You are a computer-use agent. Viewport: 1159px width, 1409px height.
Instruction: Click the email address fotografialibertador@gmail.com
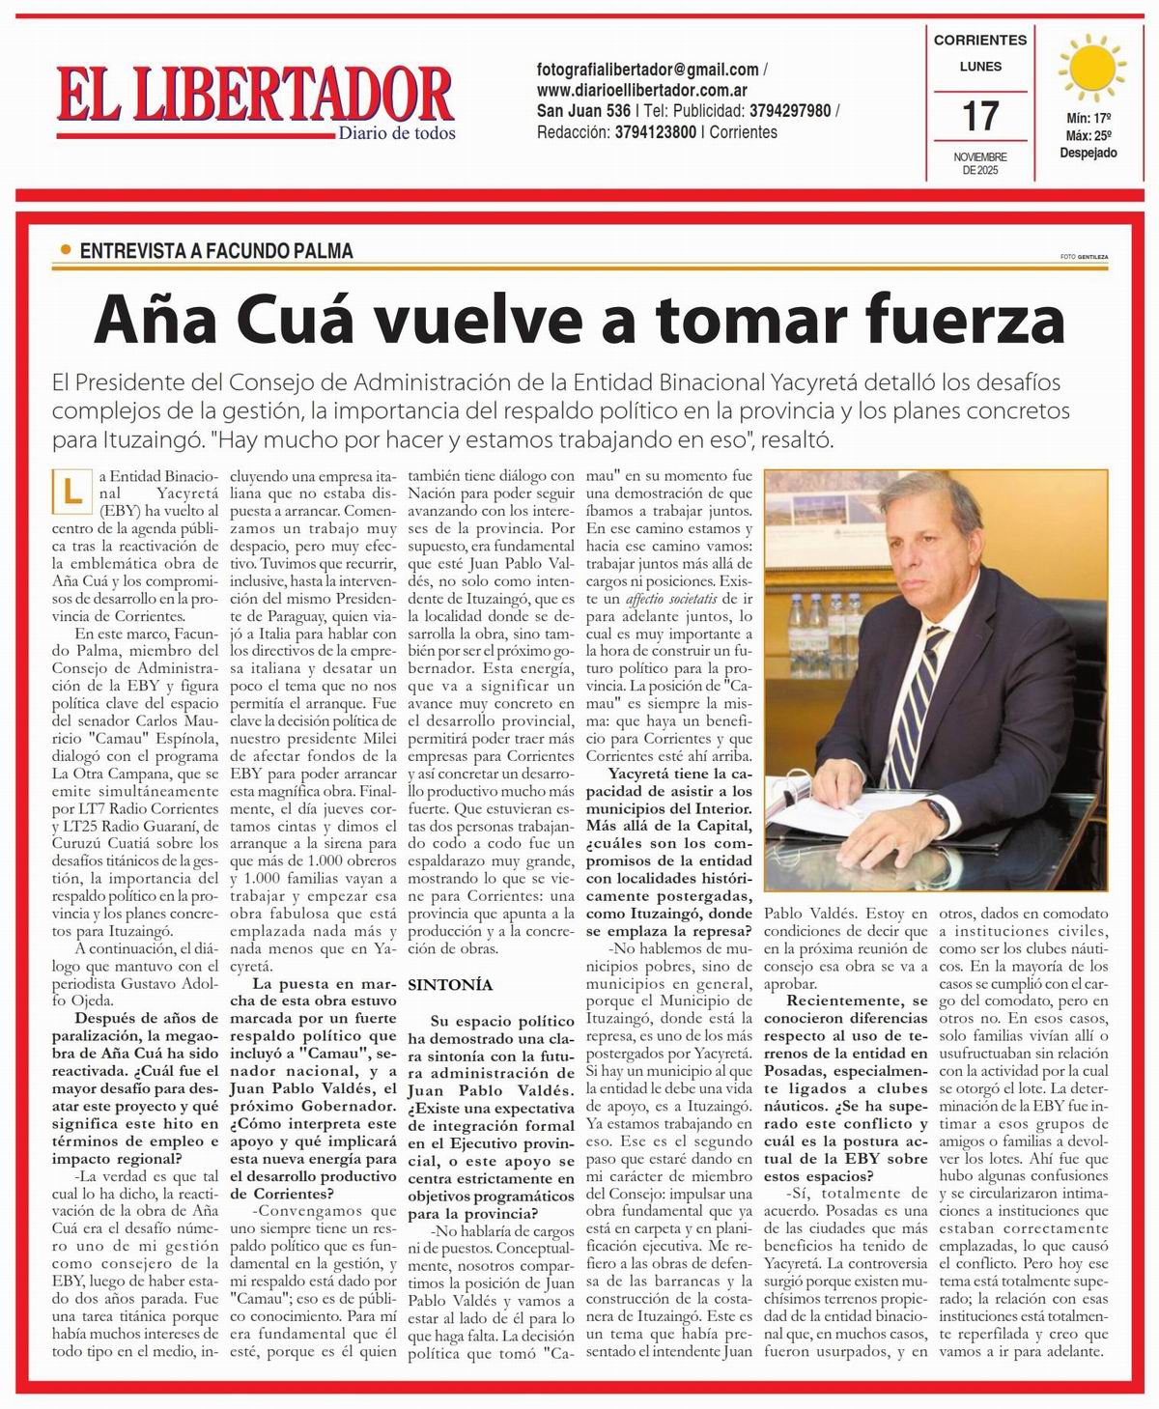point(647,70)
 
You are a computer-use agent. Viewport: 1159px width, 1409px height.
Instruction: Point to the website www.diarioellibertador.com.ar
point(649,90)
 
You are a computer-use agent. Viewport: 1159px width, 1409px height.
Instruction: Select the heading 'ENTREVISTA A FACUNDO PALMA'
point(216,251)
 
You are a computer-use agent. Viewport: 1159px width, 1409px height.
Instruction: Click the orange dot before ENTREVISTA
point(66,250)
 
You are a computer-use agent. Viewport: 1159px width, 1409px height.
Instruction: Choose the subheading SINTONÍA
point(450,985)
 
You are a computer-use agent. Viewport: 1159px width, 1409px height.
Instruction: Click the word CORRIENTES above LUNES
point(979,41)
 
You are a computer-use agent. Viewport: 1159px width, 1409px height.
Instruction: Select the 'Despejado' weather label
point(1088,153)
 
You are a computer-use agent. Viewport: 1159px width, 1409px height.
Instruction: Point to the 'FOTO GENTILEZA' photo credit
point(1083,257)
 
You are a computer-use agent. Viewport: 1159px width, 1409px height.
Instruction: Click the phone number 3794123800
point(655,132)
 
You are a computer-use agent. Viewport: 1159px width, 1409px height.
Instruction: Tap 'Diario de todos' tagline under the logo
point(396,132)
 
